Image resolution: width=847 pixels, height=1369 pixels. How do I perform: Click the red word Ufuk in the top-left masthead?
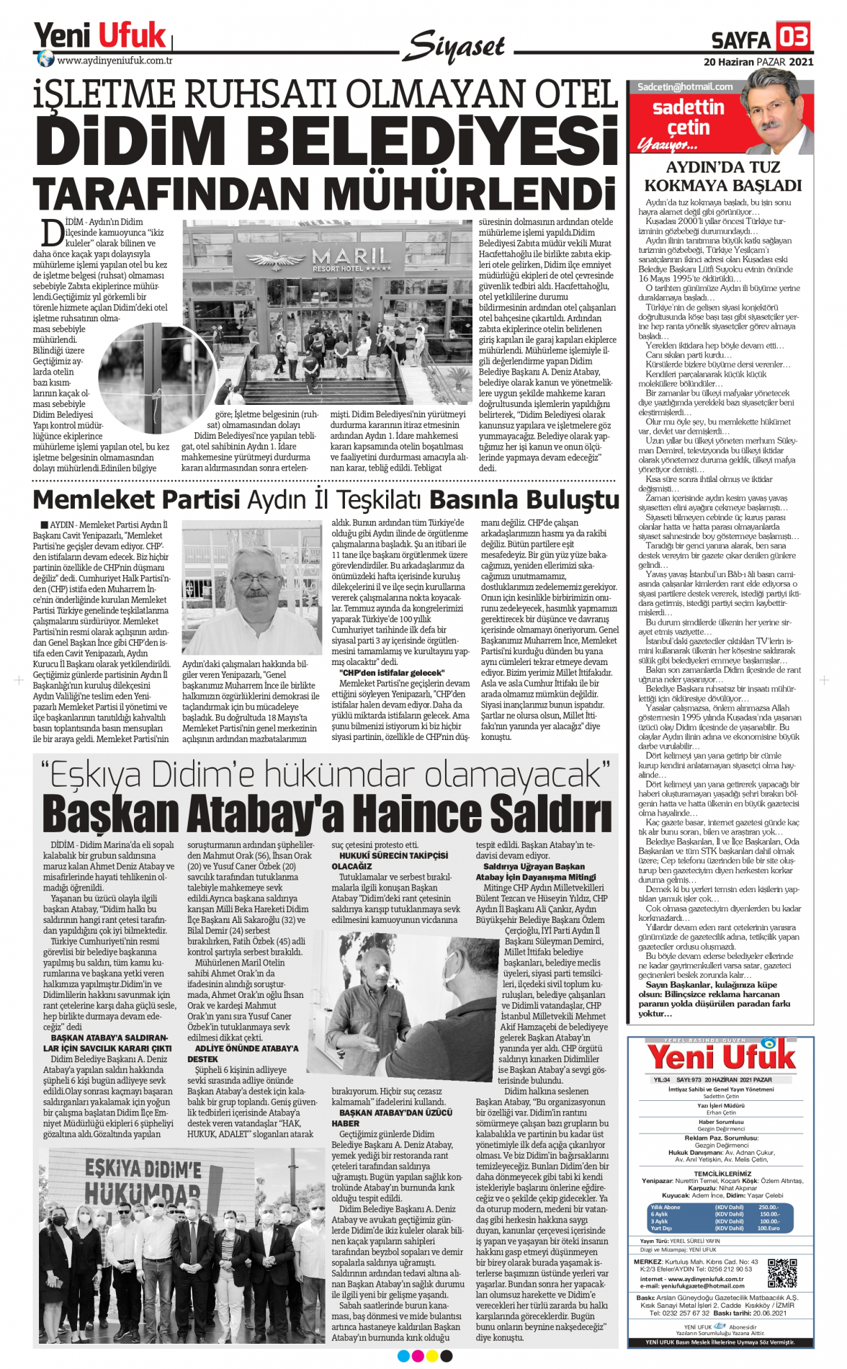132,35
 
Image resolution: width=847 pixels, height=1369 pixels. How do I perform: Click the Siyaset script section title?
454,47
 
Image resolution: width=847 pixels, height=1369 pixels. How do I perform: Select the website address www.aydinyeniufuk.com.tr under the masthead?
115,61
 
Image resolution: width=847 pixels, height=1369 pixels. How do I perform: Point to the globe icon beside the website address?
45,59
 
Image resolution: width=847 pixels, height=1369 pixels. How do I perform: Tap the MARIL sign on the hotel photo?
351,257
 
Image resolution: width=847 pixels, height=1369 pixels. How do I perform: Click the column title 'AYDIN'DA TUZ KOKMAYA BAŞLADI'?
722,177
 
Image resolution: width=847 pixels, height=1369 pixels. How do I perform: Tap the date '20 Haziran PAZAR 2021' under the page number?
758,62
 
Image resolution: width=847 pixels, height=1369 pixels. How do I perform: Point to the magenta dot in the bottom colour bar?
418,1356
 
